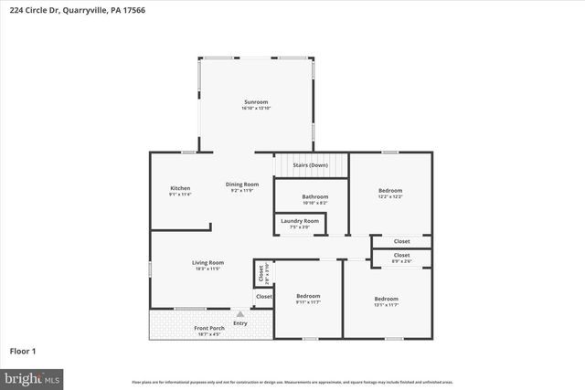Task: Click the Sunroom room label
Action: click(256, 101)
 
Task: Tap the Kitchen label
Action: click(180, 188)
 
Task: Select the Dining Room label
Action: click(243, 184)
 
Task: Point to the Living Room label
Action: click(208, 262)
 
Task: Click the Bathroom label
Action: click(315, 196)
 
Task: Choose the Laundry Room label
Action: click(300, 221)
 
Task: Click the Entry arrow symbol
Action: click(240, 314)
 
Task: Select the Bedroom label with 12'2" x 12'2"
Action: click(390, 191)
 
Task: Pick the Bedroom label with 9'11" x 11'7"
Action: click(308, 296)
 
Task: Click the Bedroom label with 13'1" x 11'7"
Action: click(386, 299)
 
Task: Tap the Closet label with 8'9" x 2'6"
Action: click(402, 255)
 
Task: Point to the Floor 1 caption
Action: click(23, 351)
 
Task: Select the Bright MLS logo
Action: click(32, 376)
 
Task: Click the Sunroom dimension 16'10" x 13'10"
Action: click(256, 109)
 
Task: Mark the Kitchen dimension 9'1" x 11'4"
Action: click(180, 195)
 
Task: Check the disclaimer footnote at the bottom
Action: click(292, 382)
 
